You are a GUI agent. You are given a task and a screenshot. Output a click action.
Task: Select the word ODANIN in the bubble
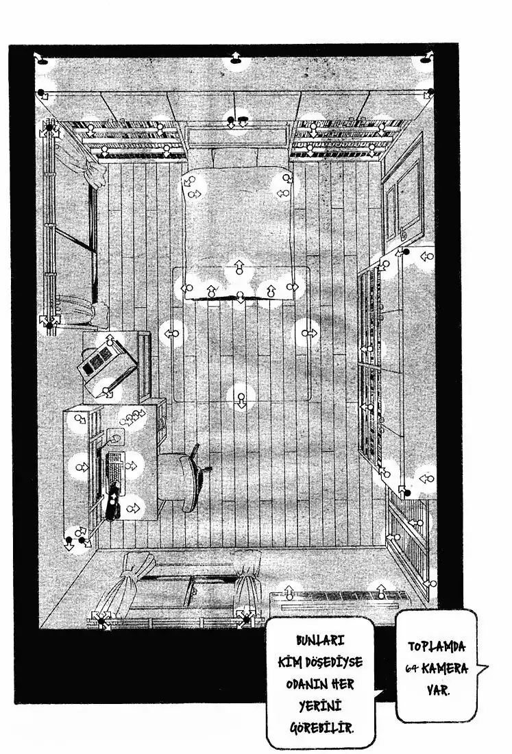[306, 684]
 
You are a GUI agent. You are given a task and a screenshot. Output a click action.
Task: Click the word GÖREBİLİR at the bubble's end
[321, 727]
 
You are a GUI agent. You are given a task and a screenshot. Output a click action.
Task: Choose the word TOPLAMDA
[437, 646]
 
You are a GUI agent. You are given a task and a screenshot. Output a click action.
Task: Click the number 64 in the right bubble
[411, 668]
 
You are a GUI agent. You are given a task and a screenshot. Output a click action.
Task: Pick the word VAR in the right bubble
[437, 690]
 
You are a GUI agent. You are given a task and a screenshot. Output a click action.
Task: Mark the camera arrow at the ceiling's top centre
[236, 58]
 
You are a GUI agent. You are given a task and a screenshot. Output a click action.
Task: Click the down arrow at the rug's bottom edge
[241, 399]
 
